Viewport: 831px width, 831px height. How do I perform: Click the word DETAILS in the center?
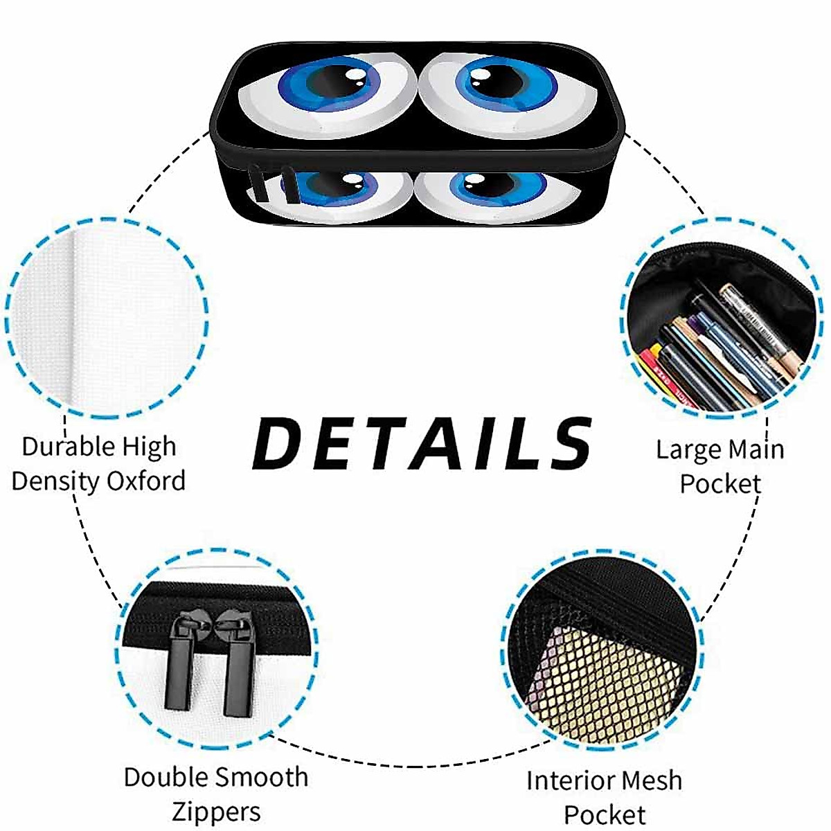click(422, 443)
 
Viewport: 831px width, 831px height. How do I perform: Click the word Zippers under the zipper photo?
click(216, 812)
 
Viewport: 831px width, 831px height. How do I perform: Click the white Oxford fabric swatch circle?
click(107, 319)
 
